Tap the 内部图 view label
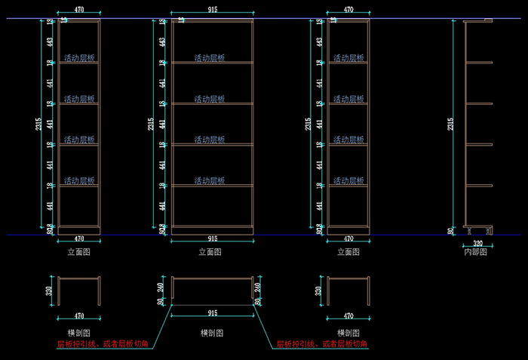[x=475, y=252]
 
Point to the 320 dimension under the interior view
[x=478, y=244]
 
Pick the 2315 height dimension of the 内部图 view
[x=451, y=125]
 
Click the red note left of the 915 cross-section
[x=103, y=344]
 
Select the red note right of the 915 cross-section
[x=321, y=344]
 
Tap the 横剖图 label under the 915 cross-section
[x=211, y=333]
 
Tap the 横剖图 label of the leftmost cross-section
[x=79, y=333]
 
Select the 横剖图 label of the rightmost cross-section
[x=348, y=333]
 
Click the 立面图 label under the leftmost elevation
[x=79, y=252]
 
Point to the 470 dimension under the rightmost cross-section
[x=348, y=316]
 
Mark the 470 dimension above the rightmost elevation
[x=348, y=10]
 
